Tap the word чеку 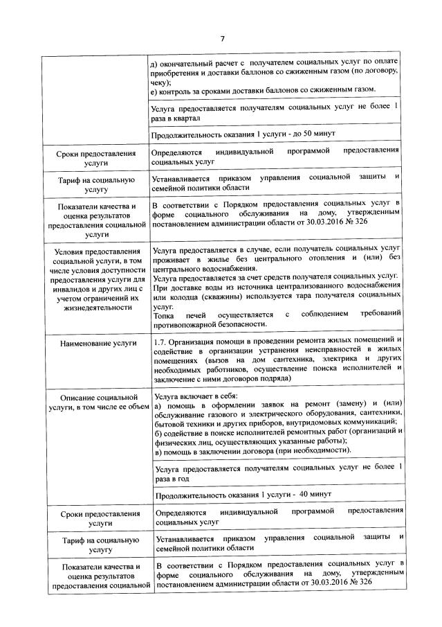click(161, 81)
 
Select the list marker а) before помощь click(157, 404)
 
